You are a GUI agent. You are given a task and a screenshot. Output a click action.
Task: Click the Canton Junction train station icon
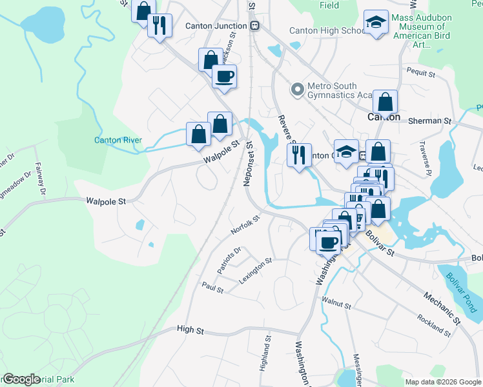pyautogui.click(x=256, y=26)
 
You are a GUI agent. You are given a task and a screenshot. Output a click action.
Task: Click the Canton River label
pyautogui.click(x=117, y=140)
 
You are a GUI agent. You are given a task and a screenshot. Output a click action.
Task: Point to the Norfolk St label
pyautogui.click(x=245, y=225)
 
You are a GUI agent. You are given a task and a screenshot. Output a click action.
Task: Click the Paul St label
pyautogui.click(x=212, y=287)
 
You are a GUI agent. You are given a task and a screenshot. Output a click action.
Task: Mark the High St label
pyautogui.click(x=190, y=330)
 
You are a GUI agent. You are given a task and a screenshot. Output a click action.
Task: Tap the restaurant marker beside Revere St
pyautogui.click(x=298, y=155)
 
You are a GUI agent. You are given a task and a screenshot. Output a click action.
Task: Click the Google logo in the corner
pyautogui.click(x=22, y=379)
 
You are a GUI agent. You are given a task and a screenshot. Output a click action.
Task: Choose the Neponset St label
pyautogui.click(x=249, y=165)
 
